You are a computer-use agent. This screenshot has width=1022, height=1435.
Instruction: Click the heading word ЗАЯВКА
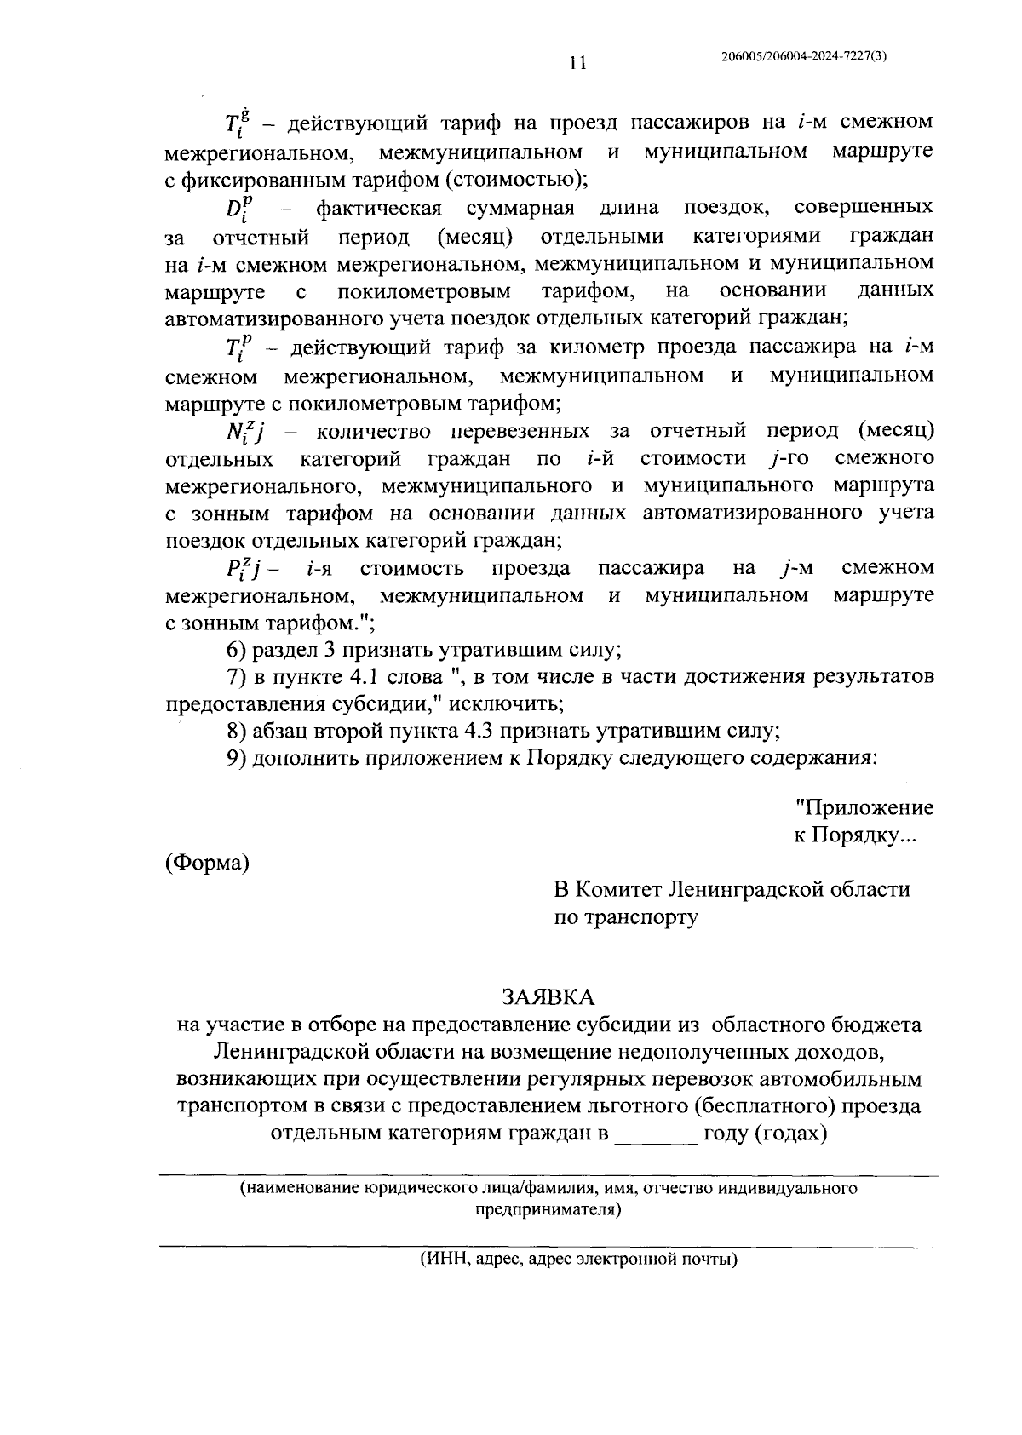(548, 996)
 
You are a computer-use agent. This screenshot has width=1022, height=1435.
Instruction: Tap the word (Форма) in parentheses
(207, 863)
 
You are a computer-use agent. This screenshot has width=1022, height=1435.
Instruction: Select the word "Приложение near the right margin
(864, 807)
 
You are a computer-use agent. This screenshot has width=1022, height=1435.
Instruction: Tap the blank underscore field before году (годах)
(655, 1134)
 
